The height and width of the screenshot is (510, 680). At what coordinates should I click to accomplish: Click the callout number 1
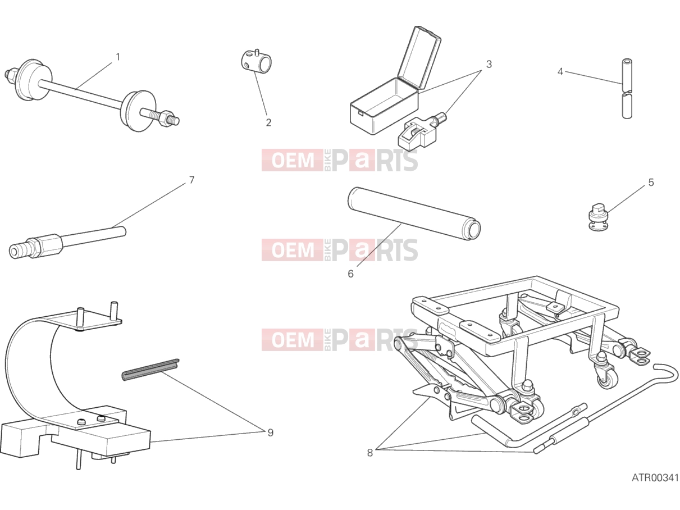[118, 57]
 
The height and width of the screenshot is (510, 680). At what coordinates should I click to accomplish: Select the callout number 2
[268, 122]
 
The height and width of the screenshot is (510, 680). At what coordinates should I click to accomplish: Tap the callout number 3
[489, 65]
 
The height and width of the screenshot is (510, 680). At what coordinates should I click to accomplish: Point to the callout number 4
[560, 72]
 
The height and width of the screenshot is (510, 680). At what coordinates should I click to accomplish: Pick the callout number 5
[651, 183]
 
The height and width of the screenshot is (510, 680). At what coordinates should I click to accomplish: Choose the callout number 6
[350, 274]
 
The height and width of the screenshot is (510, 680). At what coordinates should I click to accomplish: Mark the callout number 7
[191, 180]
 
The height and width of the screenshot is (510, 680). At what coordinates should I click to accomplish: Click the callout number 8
[369, 453]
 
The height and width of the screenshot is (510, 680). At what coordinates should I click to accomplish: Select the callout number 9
[270, 433]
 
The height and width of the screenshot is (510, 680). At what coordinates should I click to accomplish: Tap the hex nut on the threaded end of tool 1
[167, 118]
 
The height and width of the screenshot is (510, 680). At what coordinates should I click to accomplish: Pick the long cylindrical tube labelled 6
[414, 213]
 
